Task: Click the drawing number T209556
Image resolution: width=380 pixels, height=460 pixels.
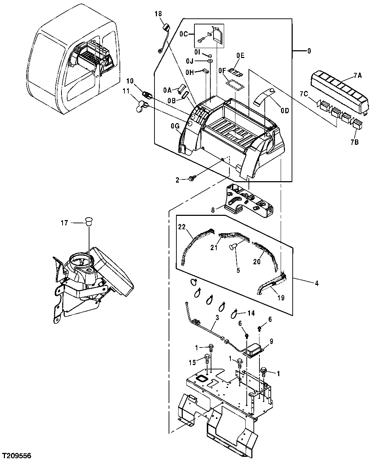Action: coord(17,454)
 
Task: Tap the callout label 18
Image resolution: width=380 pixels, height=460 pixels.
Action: coord(158,14)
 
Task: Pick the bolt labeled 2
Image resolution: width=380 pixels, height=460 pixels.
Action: coord(192,179)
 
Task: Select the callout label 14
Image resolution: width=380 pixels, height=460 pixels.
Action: coord(251,313)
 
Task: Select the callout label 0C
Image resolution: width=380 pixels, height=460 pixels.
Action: coord(184,35)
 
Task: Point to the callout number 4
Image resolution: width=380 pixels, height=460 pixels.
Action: coord(317,283)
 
